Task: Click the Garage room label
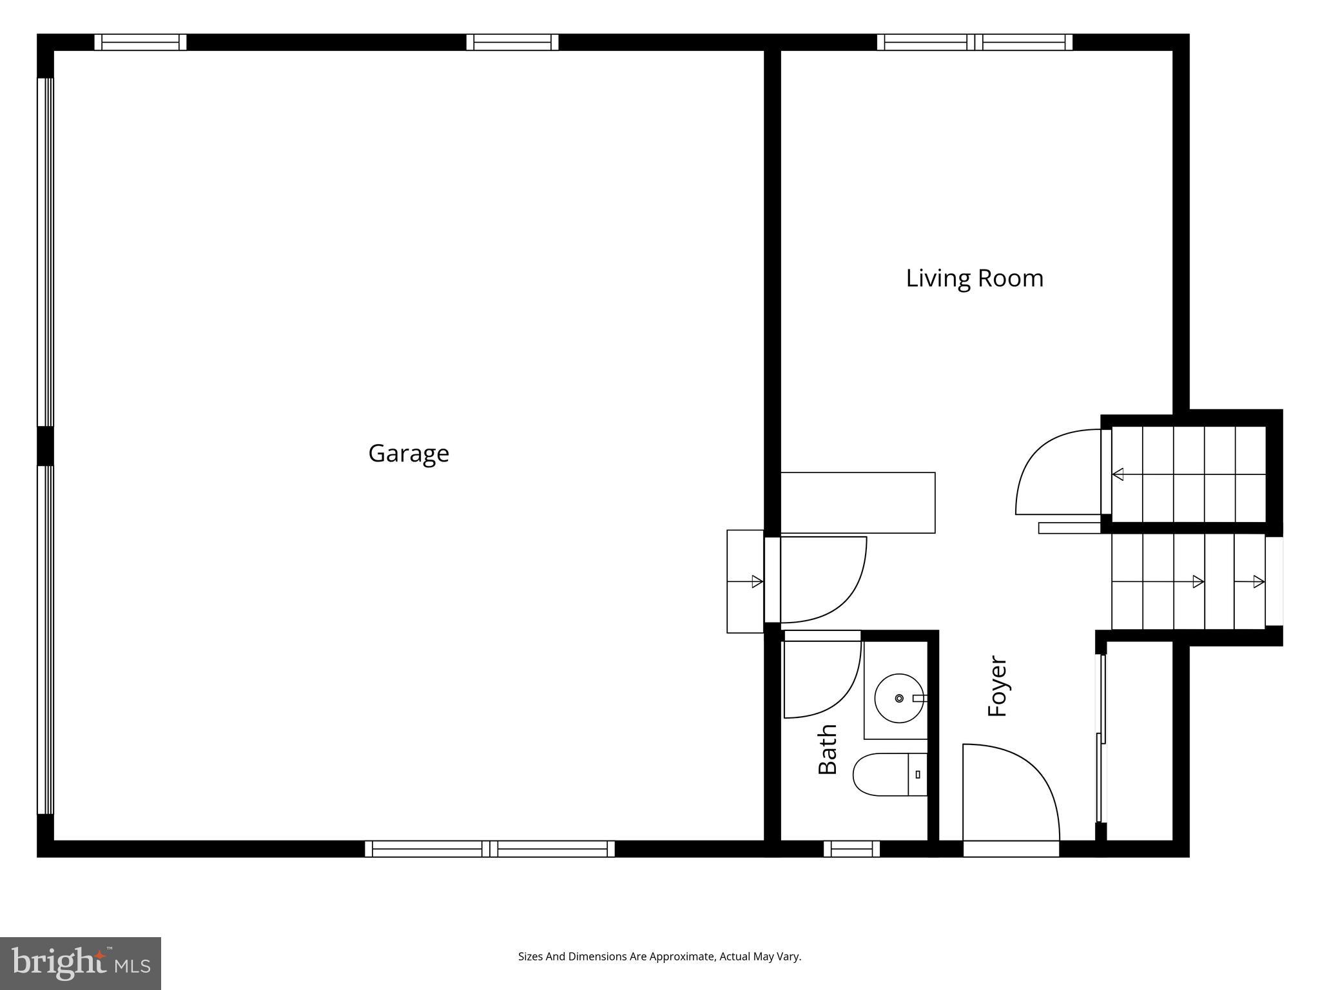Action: pyautogui.click(x=409, y=454)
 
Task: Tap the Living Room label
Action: pyautogui.click(x=975, y=278)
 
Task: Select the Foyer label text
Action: pyautogui.click(x=997, y=686)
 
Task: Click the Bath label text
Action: pyautogui.click(x=828, y=748)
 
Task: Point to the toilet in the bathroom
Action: pyautogui.click(x=883, y=774)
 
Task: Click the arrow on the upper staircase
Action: pyautogui.click(x=1119, y=474)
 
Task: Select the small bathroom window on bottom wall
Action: pyautogui.click(x=851, y=849)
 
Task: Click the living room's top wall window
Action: pyautogui.click(x=975, y=42)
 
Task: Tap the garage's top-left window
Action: pyautogui.click(x=141, y=42)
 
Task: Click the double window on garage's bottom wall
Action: pyautogui.click(x=490, y=849)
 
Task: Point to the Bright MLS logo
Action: pyautogui.click(x=81, y=964)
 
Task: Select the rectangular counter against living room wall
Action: pyautogui.click(x=857, y=503)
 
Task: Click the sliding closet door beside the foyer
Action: pyautogui.click(x=1102, y=739)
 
